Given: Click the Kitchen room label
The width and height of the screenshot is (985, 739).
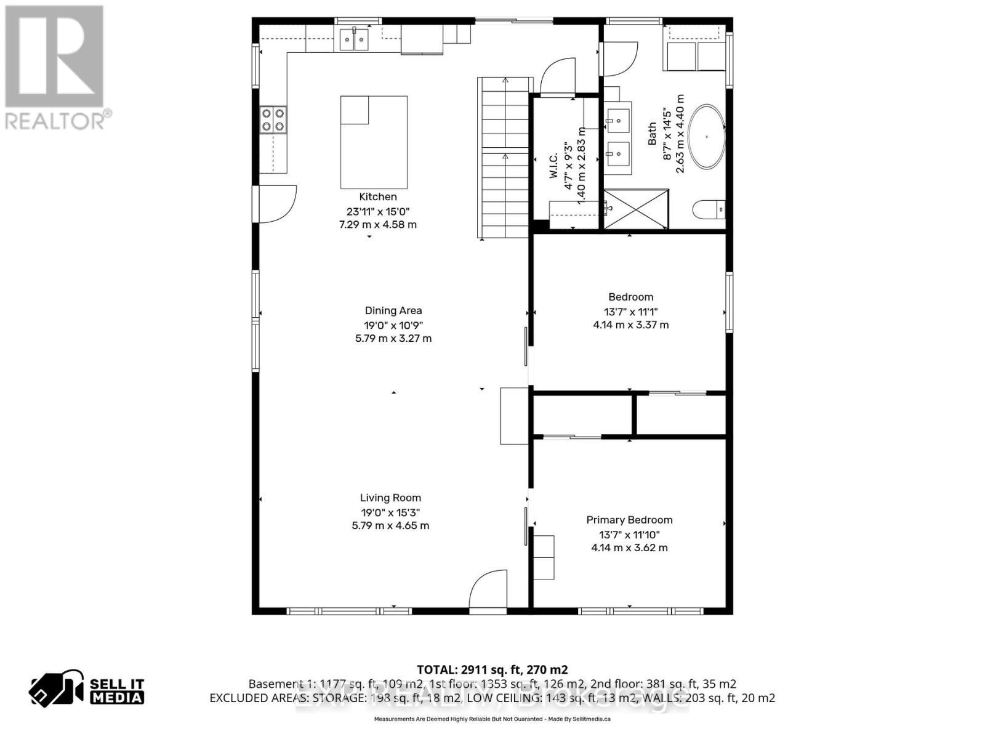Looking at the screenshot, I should [x=378, y=196].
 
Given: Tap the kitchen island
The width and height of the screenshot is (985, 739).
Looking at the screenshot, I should [x=374, y=142].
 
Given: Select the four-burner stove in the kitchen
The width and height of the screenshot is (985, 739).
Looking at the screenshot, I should [x=273, y=120].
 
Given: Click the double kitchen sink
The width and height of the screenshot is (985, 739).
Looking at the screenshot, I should [x=354, y=40].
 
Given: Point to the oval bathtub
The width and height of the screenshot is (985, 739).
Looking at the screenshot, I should [x=706, y=137].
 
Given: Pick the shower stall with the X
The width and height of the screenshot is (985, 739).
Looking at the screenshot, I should [x=636, y=209].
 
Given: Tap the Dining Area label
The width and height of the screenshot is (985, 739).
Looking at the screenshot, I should [x=393, y=310].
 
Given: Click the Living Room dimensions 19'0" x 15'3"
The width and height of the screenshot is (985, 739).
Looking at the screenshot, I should [x=390, y=512].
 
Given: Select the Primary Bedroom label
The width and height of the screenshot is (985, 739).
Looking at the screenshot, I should [x=629, y=520].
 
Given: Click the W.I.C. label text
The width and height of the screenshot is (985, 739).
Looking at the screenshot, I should [x=553, y=166].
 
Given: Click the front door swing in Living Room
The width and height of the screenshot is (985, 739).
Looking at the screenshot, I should [x=488, y=590].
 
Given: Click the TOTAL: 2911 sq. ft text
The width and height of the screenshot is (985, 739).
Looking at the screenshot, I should [x=492, y=669].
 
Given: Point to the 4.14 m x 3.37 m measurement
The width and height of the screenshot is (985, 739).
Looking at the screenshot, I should [x=630, y=325].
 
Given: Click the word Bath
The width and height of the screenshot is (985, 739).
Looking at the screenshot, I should [x=652, y=134].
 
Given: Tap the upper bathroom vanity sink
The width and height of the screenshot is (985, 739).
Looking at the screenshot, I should [x=618, y=119].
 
